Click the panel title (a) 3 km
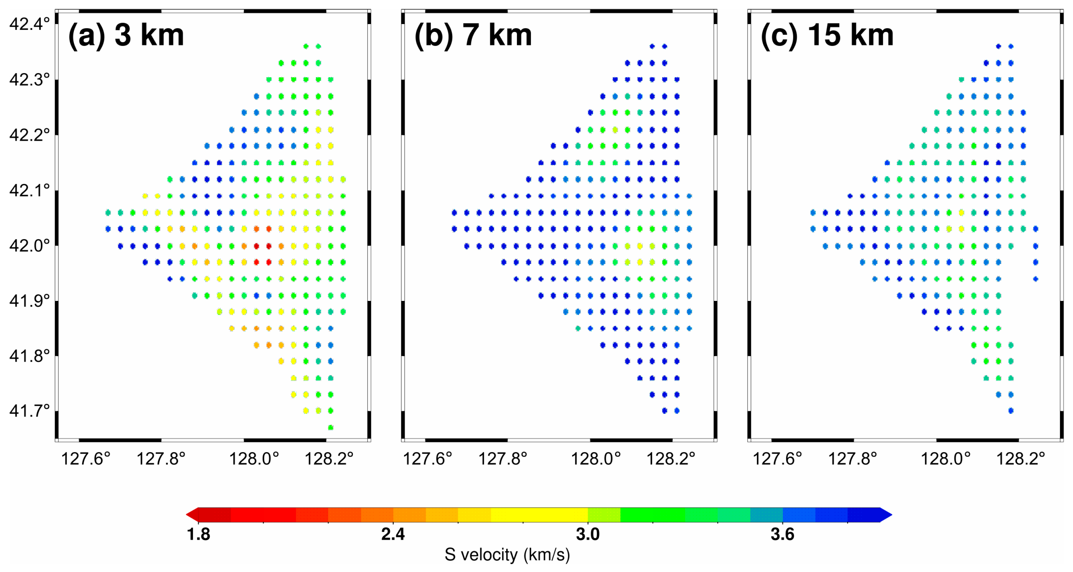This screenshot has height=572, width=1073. [x=126, y=35]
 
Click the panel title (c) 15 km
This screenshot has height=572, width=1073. [x=827, y=35]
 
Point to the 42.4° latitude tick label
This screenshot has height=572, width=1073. [x=29, y=24]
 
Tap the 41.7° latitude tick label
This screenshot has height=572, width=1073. [x=29, y=411]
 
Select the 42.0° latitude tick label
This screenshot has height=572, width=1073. [x=29, y=246]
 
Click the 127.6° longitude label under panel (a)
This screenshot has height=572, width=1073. [x=85, y=459]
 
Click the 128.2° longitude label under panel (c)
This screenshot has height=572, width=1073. [x=1020, y=459]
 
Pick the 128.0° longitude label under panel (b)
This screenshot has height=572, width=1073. [x=595, y=459]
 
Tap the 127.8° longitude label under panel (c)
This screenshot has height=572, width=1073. [x=852, y=459]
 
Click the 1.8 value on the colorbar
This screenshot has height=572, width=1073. [x=198, y=534]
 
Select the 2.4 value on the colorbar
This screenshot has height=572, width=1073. [x=393, y=534]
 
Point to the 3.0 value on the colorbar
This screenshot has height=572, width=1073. [x=587, y=534]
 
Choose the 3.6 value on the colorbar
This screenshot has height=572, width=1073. [x=782, y=534]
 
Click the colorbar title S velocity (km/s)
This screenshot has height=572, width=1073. [x=507, y=555]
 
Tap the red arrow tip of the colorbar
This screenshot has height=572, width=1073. [x=191, y=515]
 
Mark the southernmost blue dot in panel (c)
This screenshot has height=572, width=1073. [x=1011, y=410]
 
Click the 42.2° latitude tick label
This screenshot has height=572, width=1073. [x=29, y=135]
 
